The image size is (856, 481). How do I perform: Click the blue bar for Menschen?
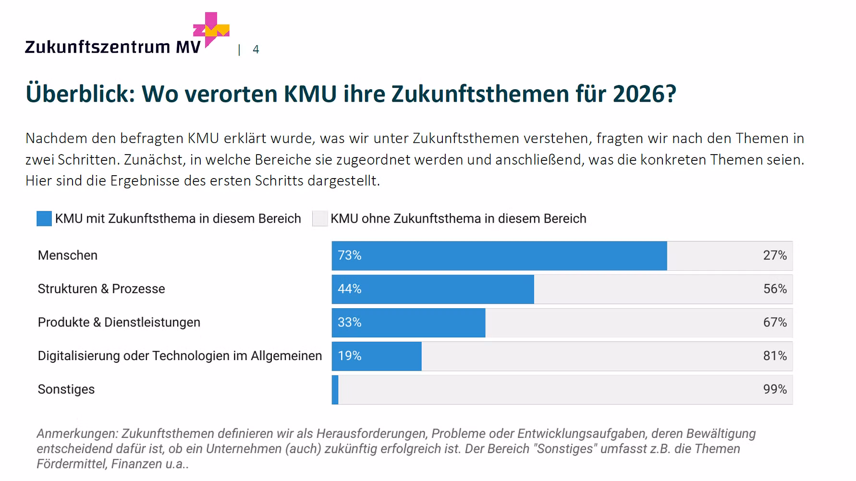click(x=500, y=256)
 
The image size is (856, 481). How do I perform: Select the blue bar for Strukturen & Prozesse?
click(x=432, y=289)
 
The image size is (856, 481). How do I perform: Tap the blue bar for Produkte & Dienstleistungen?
click(x=408, y=323)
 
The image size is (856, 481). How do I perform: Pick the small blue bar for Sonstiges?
click(x=335, y=390)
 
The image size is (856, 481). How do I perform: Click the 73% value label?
click(x=349, y=255)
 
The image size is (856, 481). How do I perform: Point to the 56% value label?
click(x=775, y=289)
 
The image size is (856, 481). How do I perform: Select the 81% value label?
click(x=775, y=356)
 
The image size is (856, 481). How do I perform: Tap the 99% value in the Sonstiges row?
click(x=775, y=389)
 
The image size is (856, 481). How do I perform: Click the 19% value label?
click(x=349, y=356)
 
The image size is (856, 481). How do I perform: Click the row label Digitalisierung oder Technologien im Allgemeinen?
click(x=180, y=356)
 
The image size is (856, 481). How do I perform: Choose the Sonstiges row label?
click(x=66, y=389)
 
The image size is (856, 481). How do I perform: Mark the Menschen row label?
click(x=68, y=255)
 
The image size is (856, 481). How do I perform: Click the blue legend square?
click(x=44, y=219)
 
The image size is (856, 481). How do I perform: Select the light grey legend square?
click(x=320, y=219)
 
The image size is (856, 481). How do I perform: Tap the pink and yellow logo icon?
click(x=211, y=29)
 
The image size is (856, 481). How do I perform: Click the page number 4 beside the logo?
click(x=256, y=49)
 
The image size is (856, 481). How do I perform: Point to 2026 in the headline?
click(x=644, y=94)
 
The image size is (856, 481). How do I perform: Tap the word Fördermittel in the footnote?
click(x=72, y=464)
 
